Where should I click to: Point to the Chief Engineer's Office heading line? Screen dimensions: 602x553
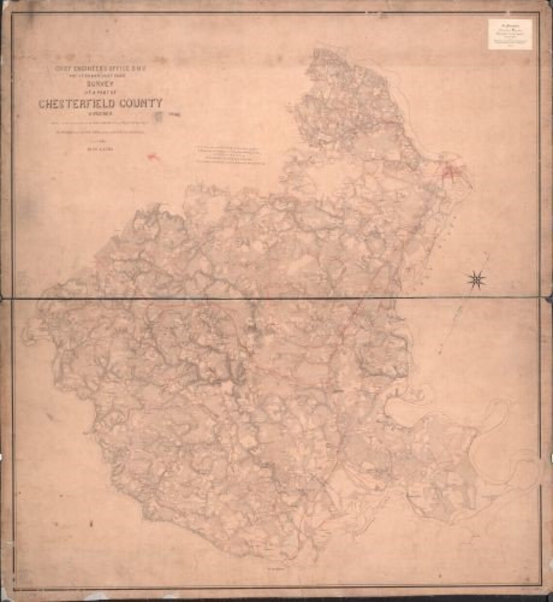pyautogui.click(x=101, y=70)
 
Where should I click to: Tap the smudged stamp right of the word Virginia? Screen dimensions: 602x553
pyautogui.click(x=159, y=115)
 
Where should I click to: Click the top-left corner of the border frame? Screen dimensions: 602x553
pyautogui.click(x=12, y=14)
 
